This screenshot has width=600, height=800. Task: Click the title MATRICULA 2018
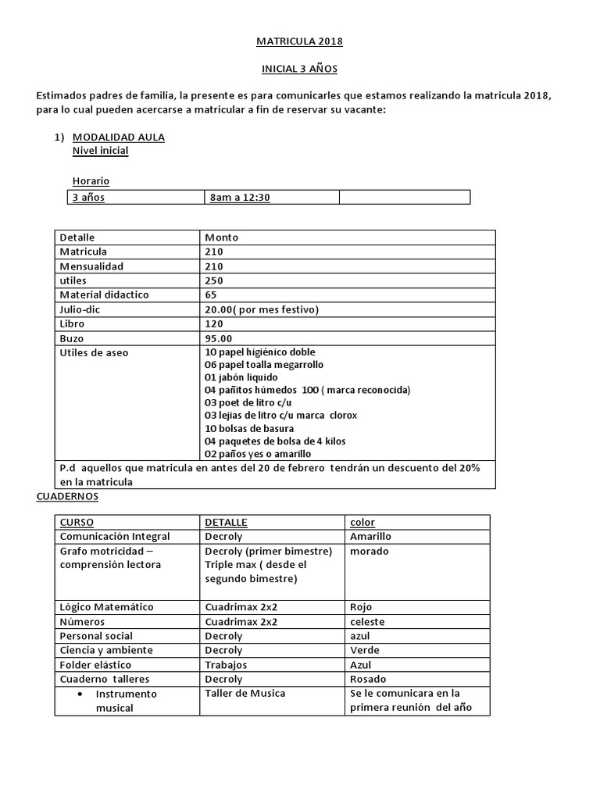[300, 41]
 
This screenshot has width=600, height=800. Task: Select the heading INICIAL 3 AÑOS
[299, 69]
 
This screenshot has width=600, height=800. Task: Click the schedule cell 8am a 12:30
[240, 198]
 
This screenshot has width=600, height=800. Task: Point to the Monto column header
[222, 237]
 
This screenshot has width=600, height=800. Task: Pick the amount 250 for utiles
[214, 280]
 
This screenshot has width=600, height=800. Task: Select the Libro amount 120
[214, 323]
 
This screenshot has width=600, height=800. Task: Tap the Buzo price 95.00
[219, 338]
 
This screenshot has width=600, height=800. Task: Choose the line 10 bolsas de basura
[249, 428]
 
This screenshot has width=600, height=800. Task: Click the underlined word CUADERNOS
[67, 496]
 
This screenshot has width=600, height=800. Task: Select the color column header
[362, 522]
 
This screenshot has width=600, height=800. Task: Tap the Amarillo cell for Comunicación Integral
[370, 536]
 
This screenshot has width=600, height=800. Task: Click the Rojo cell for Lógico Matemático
[361, 607]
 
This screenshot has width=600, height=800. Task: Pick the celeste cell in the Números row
[366, 622]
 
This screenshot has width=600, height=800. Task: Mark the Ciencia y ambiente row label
[106, 650]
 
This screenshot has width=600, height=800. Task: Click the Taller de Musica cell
[245, 693]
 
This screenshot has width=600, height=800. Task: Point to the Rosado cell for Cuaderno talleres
[368, 679]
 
